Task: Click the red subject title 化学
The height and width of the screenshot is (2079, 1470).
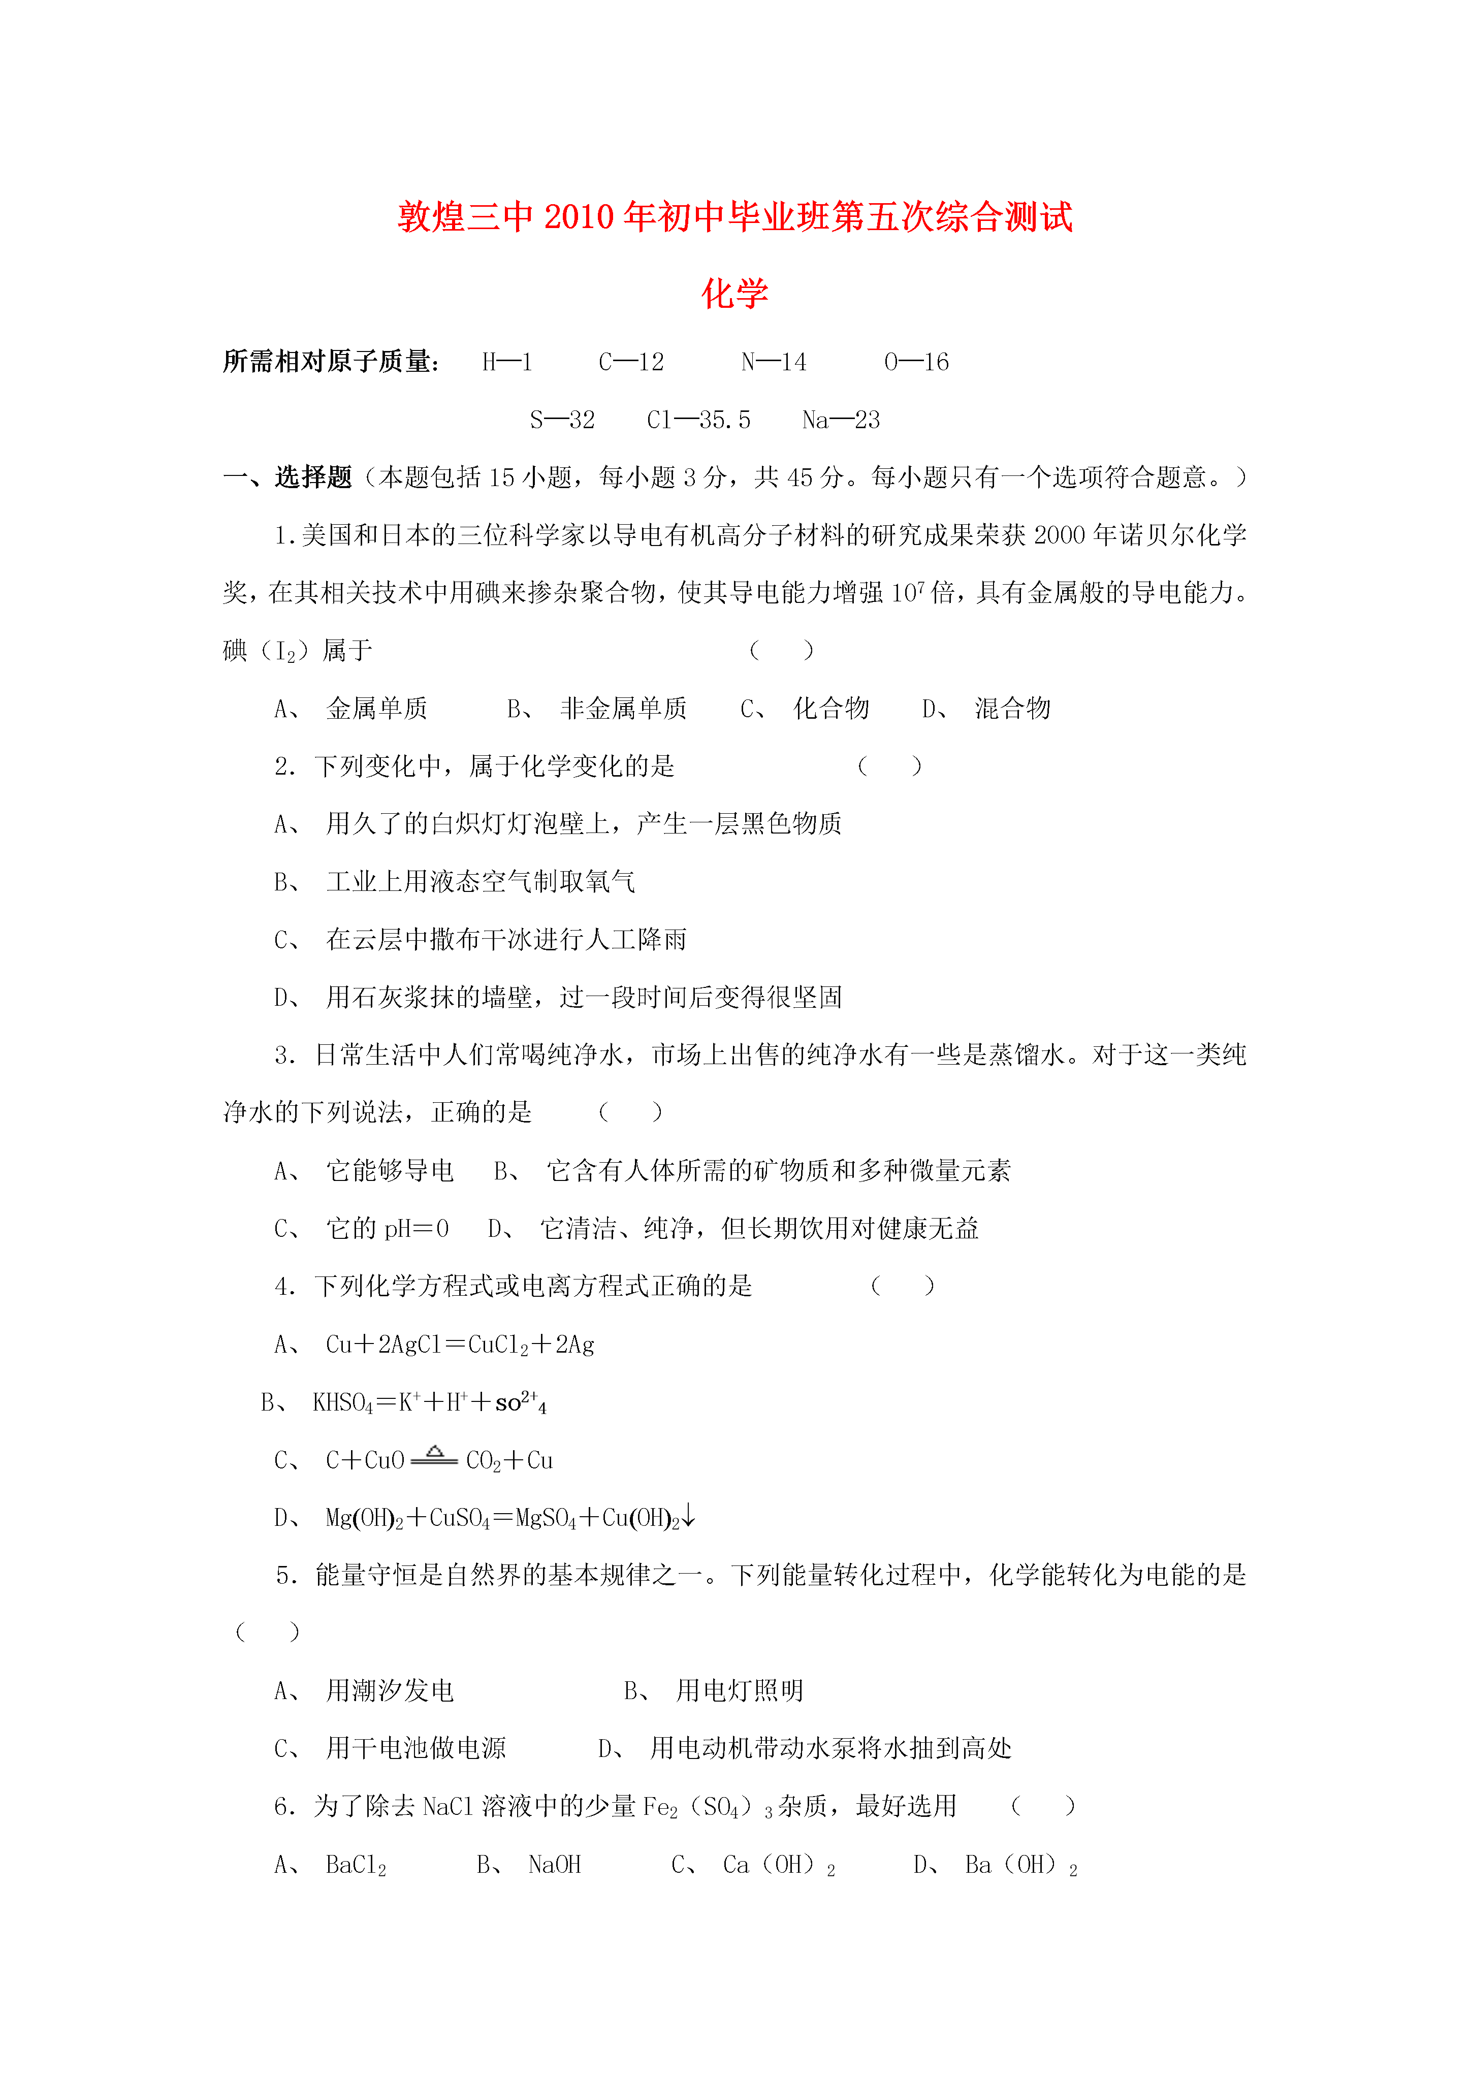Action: [734, 294]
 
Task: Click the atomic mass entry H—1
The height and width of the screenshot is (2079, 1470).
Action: [507, 362]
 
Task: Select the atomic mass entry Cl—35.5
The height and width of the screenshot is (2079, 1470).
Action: [698, 420]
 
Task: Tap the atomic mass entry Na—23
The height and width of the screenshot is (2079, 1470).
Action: [841, 420]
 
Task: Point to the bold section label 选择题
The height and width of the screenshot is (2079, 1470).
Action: [313, 477]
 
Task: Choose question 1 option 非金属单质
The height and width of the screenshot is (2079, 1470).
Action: [623, 708]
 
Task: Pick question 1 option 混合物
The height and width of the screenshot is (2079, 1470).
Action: [1012, 708]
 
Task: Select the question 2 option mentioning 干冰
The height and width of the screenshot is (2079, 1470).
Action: [505, 940]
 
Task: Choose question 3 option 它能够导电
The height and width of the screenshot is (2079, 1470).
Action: [390, 1171]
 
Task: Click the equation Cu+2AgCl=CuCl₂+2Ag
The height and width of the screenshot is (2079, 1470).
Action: [459, 1345]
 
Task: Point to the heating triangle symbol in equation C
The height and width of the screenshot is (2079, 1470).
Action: [435, 1452]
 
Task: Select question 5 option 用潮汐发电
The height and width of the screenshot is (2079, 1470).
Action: [390, 1690]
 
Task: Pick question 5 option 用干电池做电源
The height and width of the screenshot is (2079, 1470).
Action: [416, 1748]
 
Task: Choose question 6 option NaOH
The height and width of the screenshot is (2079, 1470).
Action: [554, 1865]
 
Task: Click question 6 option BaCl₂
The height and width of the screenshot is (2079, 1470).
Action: [356, 1865]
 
